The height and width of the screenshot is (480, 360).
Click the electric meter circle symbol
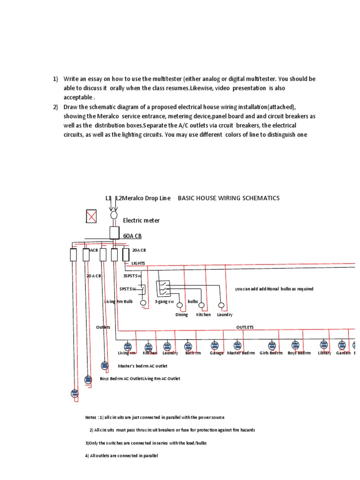(x=113, y=215)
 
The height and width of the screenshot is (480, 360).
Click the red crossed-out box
(x=91, y=216)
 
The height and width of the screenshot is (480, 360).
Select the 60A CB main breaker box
(x=114, y=232)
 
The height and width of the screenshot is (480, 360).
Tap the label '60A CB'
(x=132, y=236)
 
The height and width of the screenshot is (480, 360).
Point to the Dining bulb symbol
(x=181, y=306)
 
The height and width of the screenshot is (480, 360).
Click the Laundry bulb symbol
(x=222, y=306)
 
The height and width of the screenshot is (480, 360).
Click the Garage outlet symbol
(x=215, y=345)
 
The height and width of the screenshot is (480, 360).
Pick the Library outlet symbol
(x=324, y=345)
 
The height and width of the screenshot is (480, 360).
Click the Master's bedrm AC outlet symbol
(x=105, y=366)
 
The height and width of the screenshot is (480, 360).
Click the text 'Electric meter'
(x=141, y=220)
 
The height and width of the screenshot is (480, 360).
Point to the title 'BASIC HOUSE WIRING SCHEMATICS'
(x=228, y=198)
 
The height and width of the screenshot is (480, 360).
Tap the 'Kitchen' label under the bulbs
(x=203, y=315)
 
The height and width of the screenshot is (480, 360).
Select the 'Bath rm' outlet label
(x=193, y=353)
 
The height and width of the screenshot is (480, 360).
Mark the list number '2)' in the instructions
(x=55, y=107)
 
